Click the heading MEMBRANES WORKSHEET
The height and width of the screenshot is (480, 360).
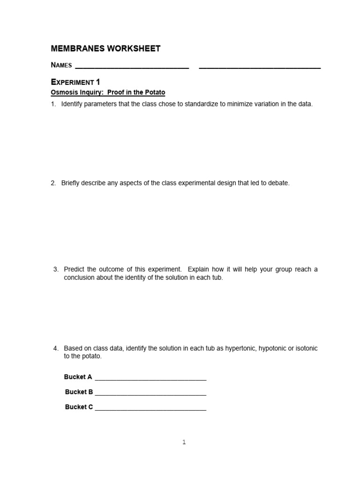[x=105, y=49]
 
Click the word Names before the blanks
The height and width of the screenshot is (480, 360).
[x=61, y=65]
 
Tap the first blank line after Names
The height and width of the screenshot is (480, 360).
[x=132, y=68]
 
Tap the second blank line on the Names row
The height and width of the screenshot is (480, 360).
[x=260, y=68]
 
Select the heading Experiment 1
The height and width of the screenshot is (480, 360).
[x=75, y=82]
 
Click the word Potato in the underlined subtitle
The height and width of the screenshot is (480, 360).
[x=155, y=93]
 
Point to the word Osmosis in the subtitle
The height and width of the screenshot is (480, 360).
[x=63, y=93]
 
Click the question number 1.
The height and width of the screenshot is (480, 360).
[x=53, y=104]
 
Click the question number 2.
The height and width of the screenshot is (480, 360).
[x=53, y=183]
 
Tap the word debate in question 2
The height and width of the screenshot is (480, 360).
[x=279, y=183]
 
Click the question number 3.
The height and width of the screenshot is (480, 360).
[x=56, y=270]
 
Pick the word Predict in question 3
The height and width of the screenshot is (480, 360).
[x=74, y=270]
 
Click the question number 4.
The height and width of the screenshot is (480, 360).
[x=56, y=348]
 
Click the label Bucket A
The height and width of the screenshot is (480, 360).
[x=78, y=377]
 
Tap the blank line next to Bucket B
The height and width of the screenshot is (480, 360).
[x=150, y=395]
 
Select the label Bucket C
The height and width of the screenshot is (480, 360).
[x=79, y=407]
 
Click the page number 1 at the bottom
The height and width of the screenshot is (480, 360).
[x=184, y=442]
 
